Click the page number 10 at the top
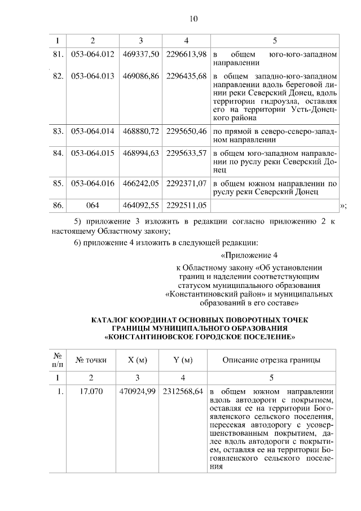click(193, 19)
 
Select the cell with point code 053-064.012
click(93, 54)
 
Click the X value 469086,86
click(141, 76)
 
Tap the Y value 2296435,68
click(187, 76)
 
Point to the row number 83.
click(57, 131)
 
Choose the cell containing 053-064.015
click(93, 153)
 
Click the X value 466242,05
click(141, 183)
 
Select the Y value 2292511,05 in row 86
click(187, 205)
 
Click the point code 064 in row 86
click(93, 205)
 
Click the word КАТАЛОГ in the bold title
click(115, 320)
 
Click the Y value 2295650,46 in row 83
click(187, 131)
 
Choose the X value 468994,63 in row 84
click(141, 153)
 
